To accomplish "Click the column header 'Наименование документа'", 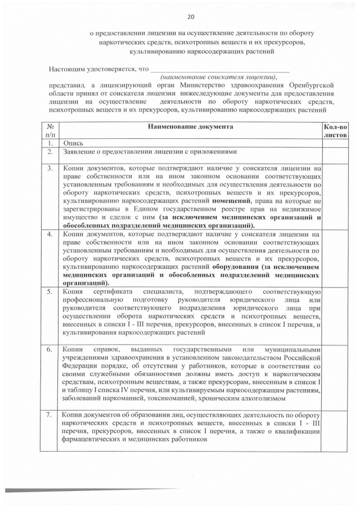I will click(190, 127).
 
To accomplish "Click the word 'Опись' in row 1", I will click(73, 143).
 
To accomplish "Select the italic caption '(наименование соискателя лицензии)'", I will click(219, 76).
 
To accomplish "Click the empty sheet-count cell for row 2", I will click(336, 152).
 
